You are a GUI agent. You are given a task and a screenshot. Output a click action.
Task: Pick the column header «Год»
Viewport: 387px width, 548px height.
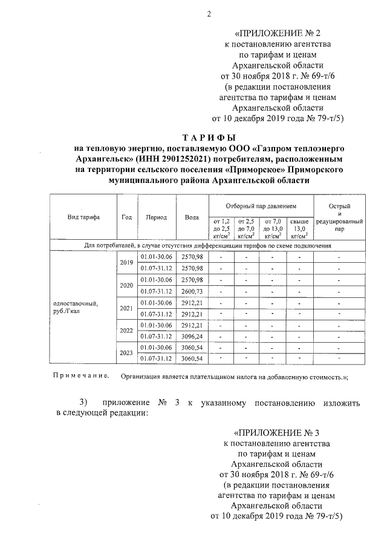(x=126, y=216)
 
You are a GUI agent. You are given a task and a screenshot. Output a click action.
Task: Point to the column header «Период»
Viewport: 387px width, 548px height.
(x=157, y=216)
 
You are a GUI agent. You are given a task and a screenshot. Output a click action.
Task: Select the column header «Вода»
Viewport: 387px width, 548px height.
(x=192, y=216)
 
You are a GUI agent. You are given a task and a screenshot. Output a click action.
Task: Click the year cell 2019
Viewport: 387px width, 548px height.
(x=126, y=262)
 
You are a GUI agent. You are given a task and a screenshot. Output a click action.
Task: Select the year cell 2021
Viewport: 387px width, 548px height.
(x=126, y=308)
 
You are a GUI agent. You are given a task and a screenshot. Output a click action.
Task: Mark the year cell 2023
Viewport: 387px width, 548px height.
(x=126, y=352)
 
